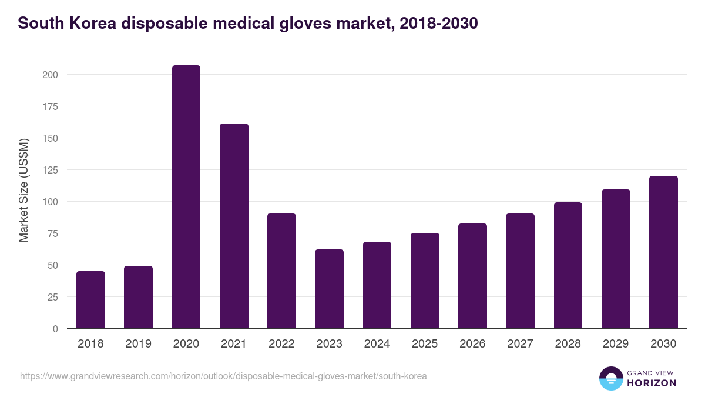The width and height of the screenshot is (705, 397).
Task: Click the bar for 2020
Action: pyautogui.click(x=186, y=197)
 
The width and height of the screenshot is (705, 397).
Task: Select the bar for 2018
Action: pyautogui.click(x=90, y=300)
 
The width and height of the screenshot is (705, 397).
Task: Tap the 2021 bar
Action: pyautogui.click(x=234, y=226)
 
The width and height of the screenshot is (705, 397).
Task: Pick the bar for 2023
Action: pyautogui.click(x=329, y=289)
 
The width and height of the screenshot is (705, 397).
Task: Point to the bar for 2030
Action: pyautogui.click(x=663, y=252)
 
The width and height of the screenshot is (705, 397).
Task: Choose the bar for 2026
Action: pyautogui.click(x=472, y=276)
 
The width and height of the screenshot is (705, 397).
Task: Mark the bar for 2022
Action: pyautogui.click(x=281, y=271)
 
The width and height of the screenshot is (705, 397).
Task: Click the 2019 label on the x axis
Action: pyautogui.click(x=138, y=344)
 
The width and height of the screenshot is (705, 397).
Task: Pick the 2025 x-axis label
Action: pyautogui.click(x=425, y=344)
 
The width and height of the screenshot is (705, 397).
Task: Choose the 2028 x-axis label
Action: pyautogui.click(x=568, y=344)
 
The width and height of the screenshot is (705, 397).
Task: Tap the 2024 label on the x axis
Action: pyautogui.click(x=377, y=344)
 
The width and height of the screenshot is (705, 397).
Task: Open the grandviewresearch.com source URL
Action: pyautogui.click(x=223, y=376)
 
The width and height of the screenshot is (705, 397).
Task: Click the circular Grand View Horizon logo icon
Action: pyautogui.click(x=610, y=378)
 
